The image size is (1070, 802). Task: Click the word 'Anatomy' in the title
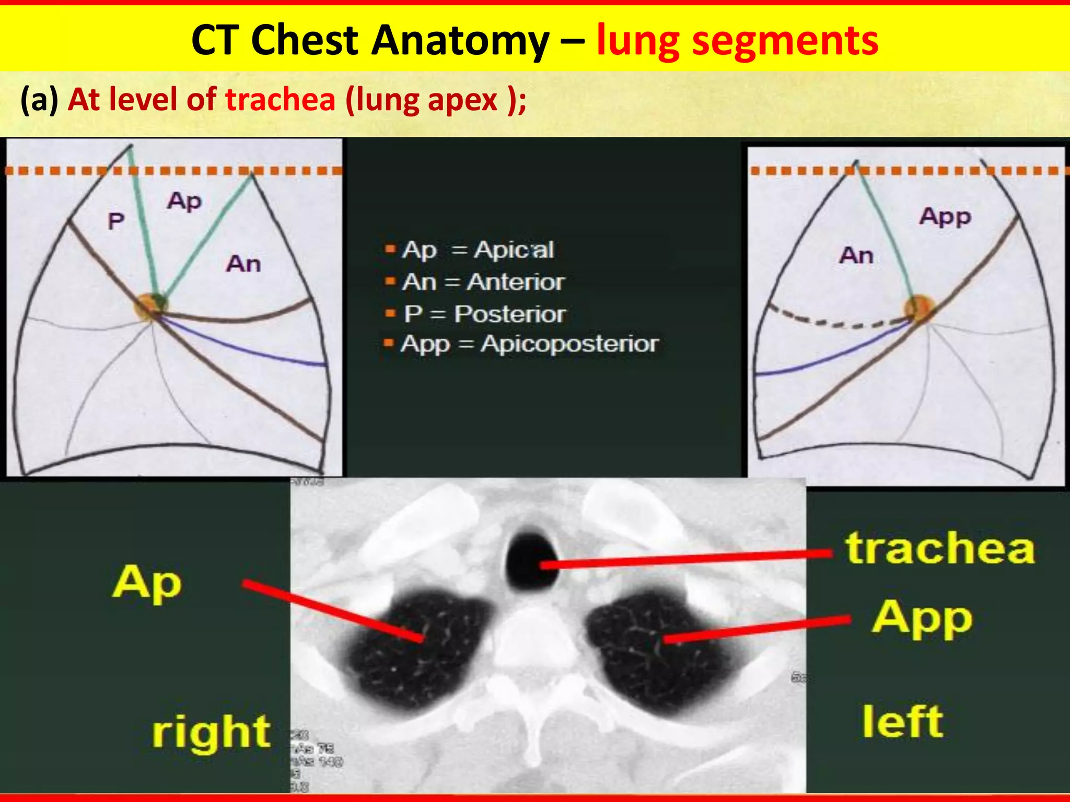(460, 41)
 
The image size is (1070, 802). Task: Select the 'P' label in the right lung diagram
(115, 221)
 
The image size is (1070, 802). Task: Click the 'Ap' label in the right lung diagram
(184, 202)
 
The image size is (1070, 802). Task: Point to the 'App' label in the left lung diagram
(945, 217)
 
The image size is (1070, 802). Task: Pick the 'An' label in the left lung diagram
(856, 255)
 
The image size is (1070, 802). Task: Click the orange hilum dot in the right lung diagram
(149, 306)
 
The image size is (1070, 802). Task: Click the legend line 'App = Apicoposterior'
(529, 344)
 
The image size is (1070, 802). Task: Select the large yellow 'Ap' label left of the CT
(147, 583)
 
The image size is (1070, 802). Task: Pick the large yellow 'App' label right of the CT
(922, 619)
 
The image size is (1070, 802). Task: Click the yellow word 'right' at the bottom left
(211, 732)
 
